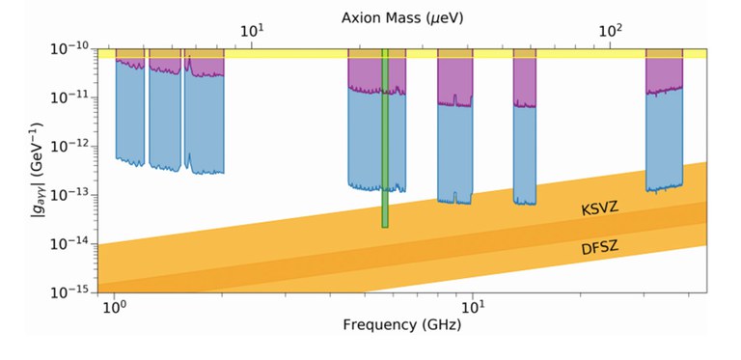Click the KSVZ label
tap(599, 208)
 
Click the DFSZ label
tap(599, 249)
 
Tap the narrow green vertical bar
tap(385, 145)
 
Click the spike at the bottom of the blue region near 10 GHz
tap(455, 198)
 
